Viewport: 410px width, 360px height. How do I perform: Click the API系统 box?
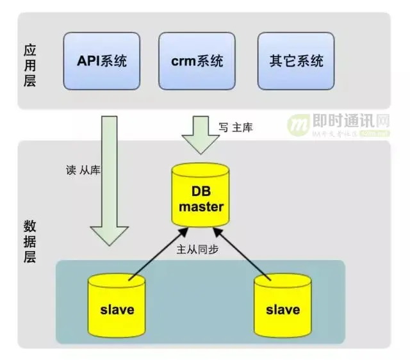(x=102, y=61)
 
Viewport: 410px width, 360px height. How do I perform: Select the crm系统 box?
(x=197, y=61)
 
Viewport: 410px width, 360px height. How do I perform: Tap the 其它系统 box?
(x=297, y=61)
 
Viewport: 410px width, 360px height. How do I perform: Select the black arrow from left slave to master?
(x=157, y=252)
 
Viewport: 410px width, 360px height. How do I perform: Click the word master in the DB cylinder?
(x=201, y=207)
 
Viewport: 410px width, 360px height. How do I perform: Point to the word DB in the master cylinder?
(x=201, y=192)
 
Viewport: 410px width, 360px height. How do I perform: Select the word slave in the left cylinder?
(x=117, y=309)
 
